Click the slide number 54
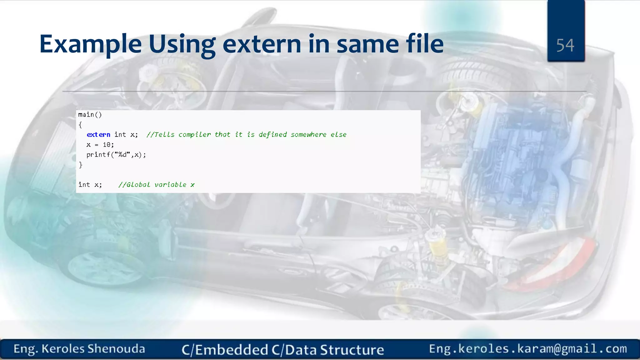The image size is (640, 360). pos(565,45)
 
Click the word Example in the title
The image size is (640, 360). pos(90,44)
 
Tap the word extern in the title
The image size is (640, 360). pos(262,44)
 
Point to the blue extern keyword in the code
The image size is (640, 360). pos(98,135)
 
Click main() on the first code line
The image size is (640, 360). pos(90,115)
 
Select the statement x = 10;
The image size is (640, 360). pos(100,145)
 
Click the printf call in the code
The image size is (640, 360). pos(116,155)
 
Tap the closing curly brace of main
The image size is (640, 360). pos(81,165)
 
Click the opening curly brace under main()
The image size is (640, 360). pos(80,125)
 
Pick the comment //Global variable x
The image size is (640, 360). pos(156,185)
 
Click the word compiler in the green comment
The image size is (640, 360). pos(194,135)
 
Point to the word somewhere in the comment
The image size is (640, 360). pos(308,135)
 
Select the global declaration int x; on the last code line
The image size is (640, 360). pos(90,185)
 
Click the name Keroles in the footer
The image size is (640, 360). pos(63,349)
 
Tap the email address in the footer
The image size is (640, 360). pos(528,349)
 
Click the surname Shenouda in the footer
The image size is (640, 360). pos(116,349)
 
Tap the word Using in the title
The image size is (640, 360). pos(182,44)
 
